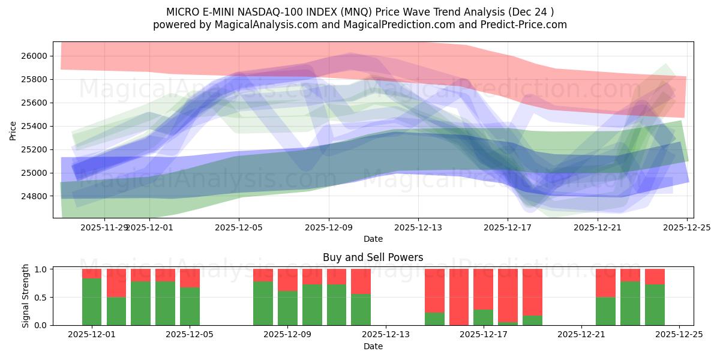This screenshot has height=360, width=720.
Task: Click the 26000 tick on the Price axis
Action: [x=37, y=56]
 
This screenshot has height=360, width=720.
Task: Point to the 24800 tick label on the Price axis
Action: [x=37, y=196]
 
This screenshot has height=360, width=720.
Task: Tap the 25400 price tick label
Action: [x=37, y=126]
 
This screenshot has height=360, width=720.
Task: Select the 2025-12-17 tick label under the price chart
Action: [x=508, y=227]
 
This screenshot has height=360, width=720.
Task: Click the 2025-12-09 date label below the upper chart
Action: [x=329, y=227]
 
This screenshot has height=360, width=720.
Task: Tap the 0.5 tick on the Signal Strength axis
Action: [x=41, y=298]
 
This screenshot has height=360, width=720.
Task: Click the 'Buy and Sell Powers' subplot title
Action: [x=373, y=257]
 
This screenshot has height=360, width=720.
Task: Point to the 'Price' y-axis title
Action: [x=14, y=130]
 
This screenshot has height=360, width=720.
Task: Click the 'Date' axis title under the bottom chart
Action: [x=373, y=346]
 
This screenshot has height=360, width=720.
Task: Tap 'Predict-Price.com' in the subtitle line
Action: [x=528, y=25]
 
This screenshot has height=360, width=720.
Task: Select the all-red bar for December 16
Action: [x=459, y=297]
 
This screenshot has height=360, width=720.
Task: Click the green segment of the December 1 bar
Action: [x=92, y=302]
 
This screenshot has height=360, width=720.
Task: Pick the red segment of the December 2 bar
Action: [x=116, y=283]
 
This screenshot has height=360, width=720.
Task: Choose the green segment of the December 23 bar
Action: [x=630, y=304]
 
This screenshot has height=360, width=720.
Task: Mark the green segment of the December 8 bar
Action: [x=263, y=304]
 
